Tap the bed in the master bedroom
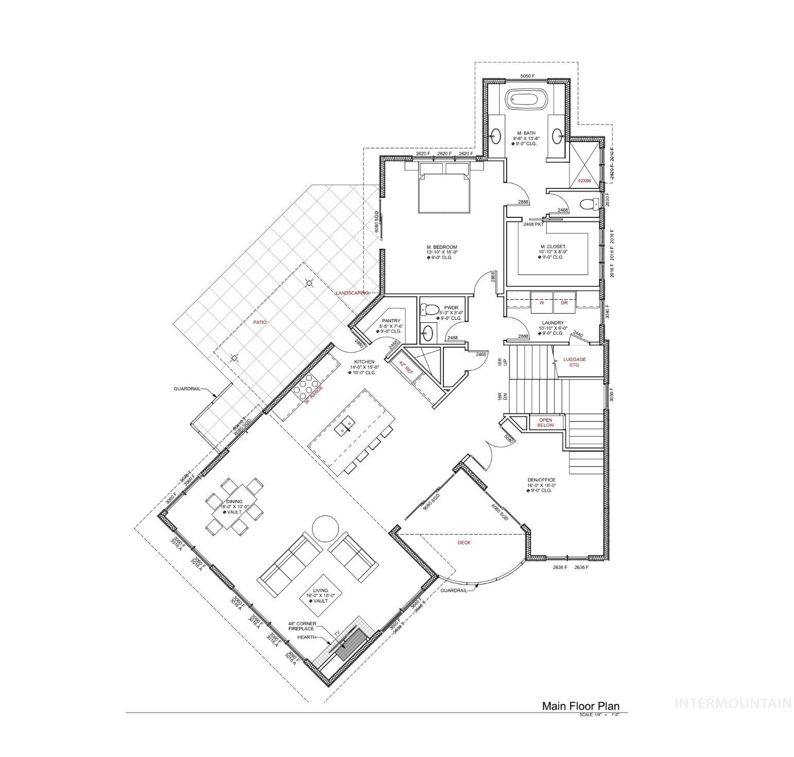tap(444, 192)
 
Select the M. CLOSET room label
tap(553, 247)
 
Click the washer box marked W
tap(542, 303)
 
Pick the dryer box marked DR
tap(564, 303)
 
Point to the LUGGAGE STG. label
tap(574, 362)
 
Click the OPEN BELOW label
tap(545, 423)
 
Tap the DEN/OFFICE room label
tap(541, 480)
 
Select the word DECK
tap(464, 542)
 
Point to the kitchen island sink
tap(346, 426)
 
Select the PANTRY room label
tap(391, 321)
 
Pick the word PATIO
tap(260, 322)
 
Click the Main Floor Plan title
tap(580, 706)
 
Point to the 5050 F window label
tap(527, 76)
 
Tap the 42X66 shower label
tap(584, 181)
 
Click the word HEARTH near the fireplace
tap(306, 637)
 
